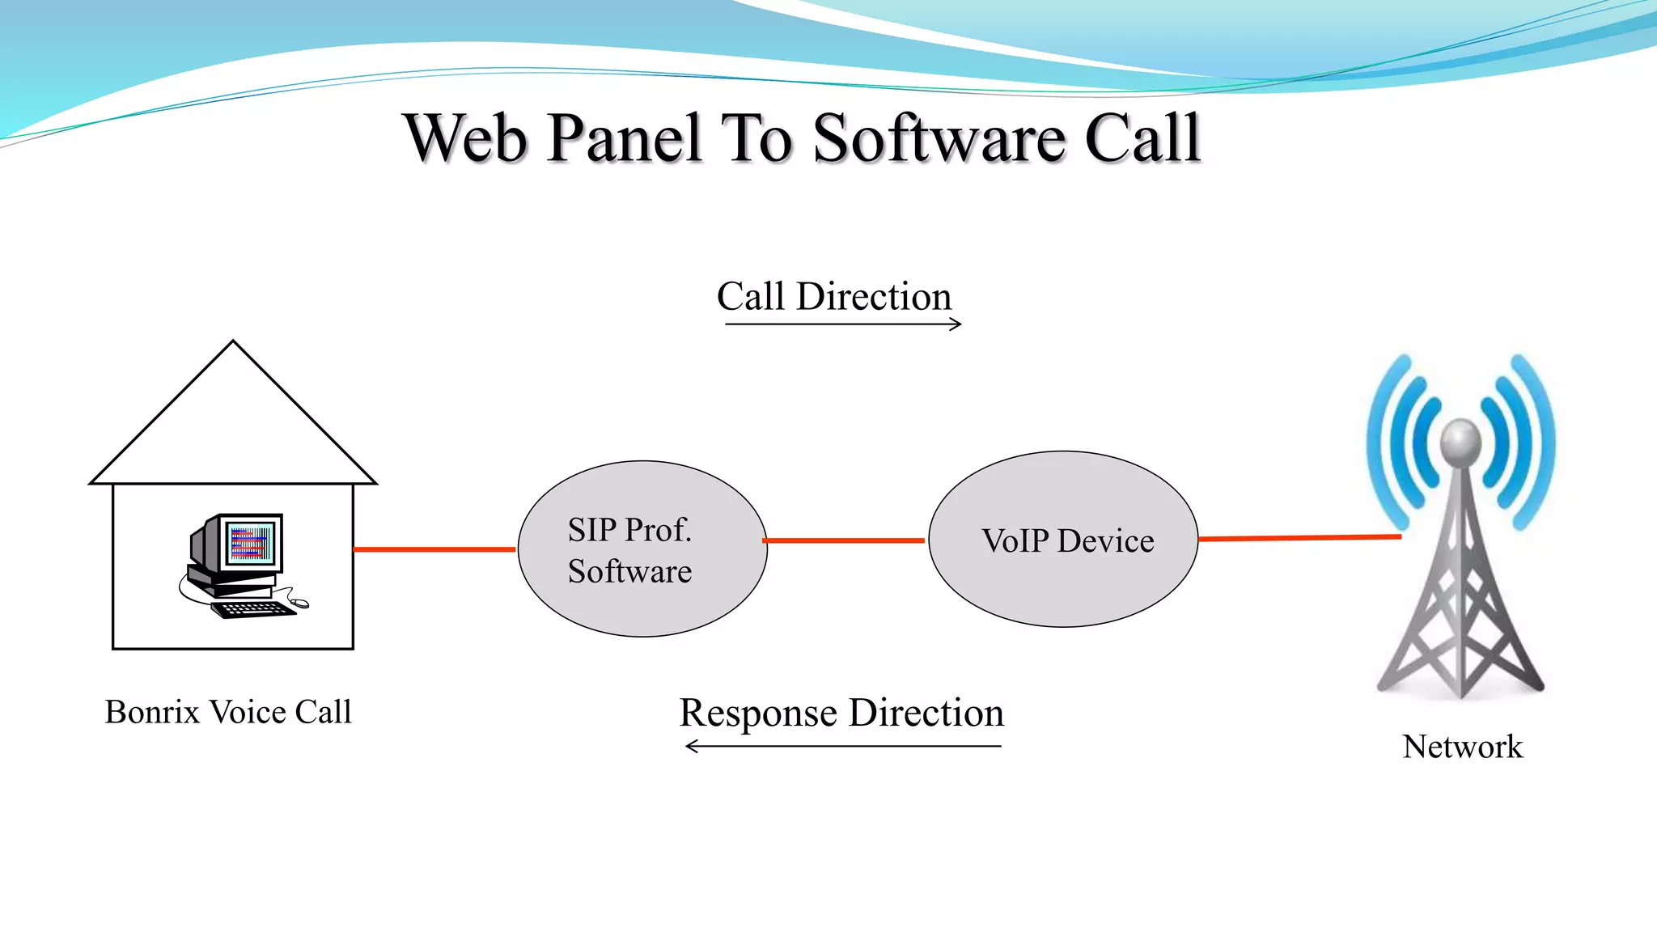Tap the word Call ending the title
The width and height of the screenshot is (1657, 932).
click(1142, 138)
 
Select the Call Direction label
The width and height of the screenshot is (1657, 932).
click(834, 296)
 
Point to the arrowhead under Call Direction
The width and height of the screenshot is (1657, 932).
click(957, 324)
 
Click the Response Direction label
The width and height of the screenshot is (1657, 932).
click(841, 713)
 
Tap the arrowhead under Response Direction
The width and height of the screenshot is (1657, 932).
click(691, 746)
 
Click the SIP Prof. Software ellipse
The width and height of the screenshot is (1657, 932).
click(642, 549)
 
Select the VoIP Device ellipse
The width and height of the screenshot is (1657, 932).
click(1063, 540)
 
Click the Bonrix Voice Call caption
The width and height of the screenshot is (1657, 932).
click(228, 712)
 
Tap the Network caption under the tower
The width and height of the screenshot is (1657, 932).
click(1462, 746)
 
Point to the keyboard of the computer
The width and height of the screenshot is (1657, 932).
click(253, 609)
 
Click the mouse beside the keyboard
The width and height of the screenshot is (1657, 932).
click(300, 603)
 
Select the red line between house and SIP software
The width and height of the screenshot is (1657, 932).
click(434, 549)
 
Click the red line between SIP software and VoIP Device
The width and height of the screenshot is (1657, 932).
click(844, 540)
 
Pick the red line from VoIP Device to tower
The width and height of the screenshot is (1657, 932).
click(1299, 538)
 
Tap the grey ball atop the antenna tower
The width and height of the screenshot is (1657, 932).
click(1460, 441)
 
